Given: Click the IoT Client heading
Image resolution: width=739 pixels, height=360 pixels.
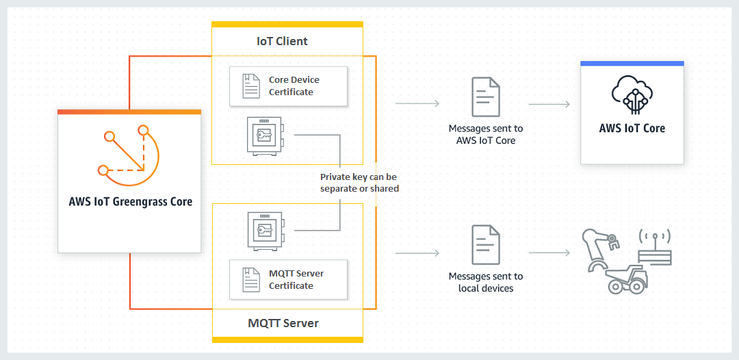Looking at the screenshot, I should pyautogui.click(x=282, y=41).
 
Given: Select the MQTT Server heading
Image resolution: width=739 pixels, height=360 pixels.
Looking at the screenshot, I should pyautogui.click(x=283, y=322).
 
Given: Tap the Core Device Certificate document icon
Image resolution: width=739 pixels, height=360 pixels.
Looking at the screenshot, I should pyautogui.click(x=251, y=86).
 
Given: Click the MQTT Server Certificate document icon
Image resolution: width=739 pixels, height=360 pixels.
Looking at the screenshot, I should pyautogui.click(x=251, y=279).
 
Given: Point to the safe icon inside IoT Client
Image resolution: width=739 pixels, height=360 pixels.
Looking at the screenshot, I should pyautogui.click(x=264, y=136).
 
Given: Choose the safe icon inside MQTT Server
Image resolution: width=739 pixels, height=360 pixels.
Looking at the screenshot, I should pyautogui.click(x=264, y=230).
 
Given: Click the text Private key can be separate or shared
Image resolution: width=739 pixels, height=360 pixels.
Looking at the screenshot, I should pyautogui.click(x=359, y=183).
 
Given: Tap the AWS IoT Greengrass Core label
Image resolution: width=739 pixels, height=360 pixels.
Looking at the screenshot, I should pyautogui.click(x=130, y=202).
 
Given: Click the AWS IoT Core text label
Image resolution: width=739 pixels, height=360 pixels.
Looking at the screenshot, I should pyautogui.click(x=632, y=128).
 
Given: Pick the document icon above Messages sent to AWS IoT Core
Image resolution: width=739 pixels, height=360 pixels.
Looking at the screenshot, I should pyautogui.click(x=485, y=97).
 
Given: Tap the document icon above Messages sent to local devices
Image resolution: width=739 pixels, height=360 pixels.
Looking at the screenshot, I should pyautogui.click(x=485, y=245).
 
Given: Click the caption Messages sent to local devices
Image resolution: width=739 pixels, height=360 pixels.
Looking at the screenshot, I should pyautogui.click(x=485, y=282).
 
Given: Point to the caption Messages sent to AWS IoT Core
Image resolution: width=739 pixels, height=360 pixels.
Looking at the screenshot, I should pyautogui.click(x=485, y=134).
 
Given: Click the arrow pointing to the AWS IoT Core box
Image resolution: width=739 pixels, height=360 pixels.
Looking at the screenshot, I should pyautogui.click(x=549, y=105).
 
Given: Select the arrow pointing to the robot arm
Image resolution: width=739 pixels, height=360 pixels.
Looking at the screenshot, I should pyautogui.click(x=549, y=253).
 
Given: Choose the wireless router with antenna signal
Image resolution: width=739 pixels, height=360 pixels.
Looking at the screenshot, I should pyautogui.click(x=655, y=249).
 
